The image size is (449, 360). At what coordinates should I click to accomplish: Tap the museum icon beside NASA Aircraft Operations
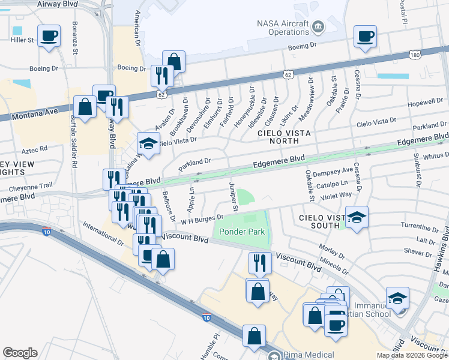tap(318, 26)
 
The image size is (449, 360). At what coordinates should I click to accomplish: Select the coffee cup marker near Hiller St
tap(49, 37)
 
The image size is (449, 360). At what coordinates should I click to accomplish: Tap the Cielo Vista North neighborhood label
tap(277, 136)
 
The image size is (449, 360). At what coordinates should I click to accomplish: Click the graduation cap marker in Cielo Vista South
tap(357, 218)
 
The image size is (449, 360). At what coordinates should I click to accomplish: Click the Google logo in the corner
tap(20, 353)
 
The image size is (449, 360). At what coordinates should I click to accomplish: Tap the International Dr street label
tap(104, 230)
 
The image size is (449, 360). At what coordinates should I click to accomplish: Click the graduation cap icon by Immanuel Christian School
tap(397, 298)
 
